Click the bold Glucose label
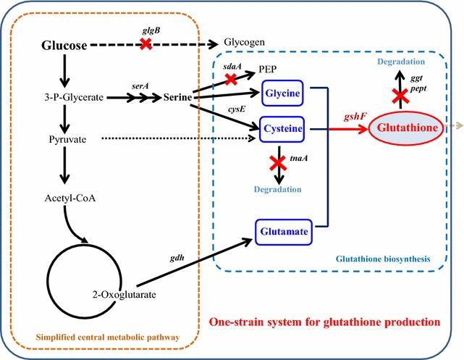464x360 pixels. pyautogui.click(x=64, y=46)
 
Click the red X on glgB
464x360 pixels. pyautogui.click(x=145, y=44)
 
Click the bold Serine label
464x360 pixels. pyautogui.click(x=177, y=96)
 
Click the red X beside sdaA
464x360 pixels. pyautogui.click(x=231, y=79)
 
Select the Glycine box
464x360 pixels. pyautogui.click(x=283, y=94)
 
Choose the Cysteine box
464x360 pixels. pyautogui.click(x=283, y=129)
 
